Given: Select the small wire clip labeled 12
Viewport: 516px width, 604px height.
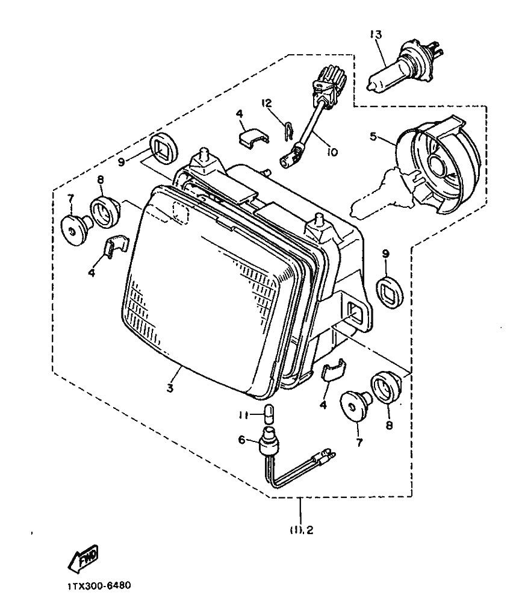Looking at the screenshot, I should click(x=289, y=129).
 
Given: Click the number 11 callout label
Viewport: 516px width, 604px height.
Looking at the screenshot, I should click(x=242, y=415).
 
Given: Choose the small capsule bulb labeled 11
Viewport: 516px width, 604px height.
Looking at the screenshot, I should click(x=270, y=416).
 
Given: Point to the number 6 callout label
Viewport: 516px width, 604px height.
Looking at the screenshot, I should click(x=242, y=440).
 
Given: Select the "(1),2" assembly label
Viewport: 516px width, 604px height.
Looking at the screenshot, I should click(x=301, y=531).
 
